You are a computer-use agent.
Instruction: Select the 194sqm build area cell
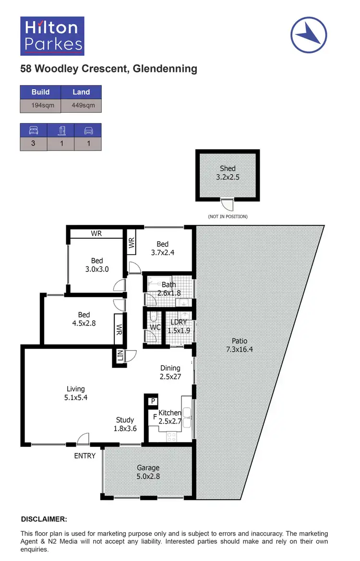pyautogui.click(x=40, y=105)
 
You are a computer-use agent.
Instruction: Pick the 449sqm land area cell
pyautogui.click(x=81, y=105)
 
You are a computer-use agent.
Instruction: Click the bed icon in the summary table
pyautogui.click(x=33, y=130)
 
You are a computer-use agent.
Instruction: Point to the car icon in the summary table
pyautogui.click(x=88, y=130)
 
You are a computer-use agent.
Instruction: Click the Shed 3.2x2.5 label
pyautogui.click(x=228, y=172)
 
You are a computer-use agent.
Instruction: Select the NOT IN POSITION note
pyautogui.click(x=228, y=217)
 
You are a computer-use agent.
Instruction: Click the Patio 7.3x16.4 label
pyautogui.click(x=239, y=345)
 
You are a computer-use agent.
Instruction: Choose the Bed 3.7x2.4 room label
pyautogui.click(x=163, y=248)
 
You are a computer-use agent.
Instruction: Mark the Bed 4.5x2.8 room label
pyautogui.click(x=84, y=319)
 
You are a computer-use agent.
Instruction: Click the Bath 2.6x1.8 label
pyautogui.click(x=168, y=289)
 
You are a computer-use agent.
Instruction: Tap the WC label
pyautogui.click(x=155, y=328)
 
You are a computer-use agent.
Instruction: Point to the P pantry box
pyautogui.click(x=152, y=401)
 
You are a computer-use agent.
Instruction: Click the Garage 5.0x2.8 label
pyautogui.click(x=148, y=471)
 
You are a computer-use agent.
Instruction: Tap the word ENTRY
pyautogui.click(x=84, y=456)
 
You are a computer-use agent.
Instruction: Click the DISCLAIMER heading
pyautogui.click(x=44, y=519)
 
